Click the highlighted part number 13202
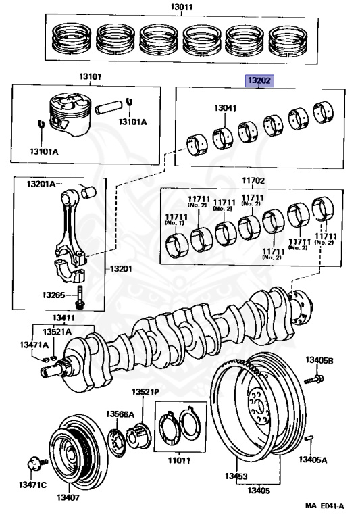[259, 80]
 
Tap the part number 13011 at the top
[182, 7]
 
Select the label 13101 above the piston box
[90, 76]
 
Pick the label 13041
[226, 108]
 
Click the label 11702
[253, 180]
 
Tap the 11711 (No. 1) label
[176, 220]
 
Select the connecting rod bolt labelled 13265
[80, 297]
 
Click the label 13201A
[41, 184]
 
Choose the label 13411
[63, 318]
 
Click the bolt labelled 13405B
[313, 379]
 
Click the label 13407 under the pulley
[68, 497]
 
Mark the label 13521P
[146, 392]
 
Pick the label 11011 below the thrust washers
[179, 460]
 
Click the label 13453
[236, 476]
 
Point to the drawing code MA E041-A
[325, 505]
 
